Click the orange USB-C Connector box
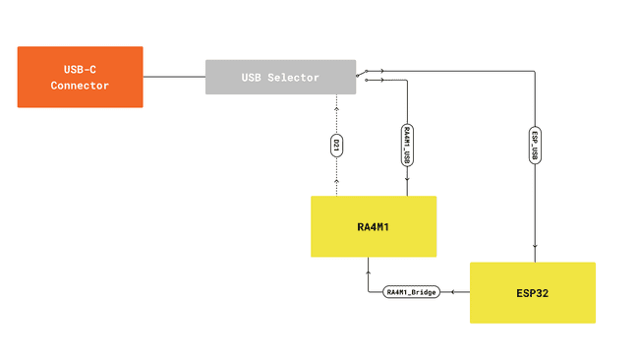click(80, 77)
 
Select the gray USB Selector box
click(280, 77)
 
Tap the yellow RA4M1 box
click(373, 226)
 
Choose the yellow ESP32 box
click(532, 292)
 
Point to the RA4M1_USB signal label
click(407, 144)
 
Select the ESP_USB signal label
click(534, 144)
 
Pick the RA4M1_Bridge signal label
click(411, 292)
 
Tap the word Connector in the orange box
click(81, 86)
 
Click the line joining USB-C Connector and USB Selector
click(174, 77)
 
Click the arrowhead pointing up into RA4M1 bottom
click(369, 263)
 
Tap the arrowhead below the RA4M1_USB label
click(407, 180)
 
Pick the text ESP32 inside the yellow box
click(532, 292)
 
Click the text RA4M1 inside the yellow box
click(373, 227)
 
